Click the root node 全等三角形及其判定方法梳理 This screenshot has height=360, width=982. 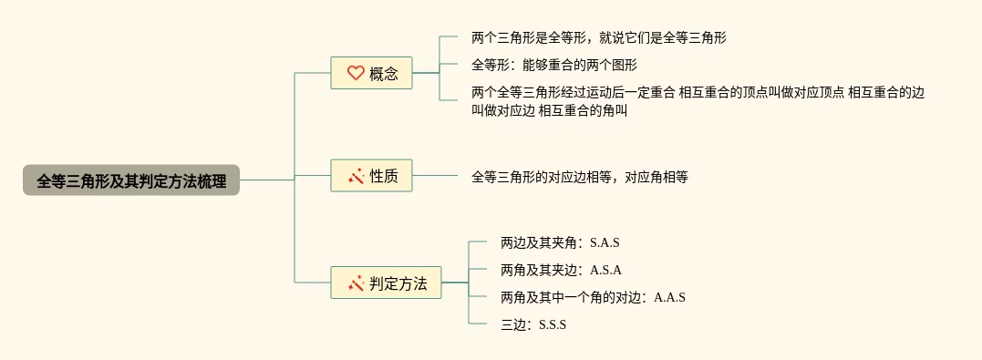coord(131,180)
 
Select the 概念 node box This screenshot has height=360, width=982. coord(371,73)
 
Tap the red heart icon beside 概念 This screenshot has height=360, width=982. coord(356,73)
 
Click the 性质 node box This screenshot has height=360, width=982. coord(371,175)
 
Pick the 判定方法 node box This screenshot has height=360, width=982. coord(386,283)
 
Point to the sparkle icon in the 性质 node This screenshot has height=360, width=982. coord(356,177)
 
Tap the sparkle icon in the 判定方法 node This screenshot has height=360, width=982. coord(356,283)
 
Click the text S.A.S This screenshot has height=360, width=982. coord(605,243)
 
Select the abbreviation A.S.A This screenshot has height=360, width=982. coord(605,271)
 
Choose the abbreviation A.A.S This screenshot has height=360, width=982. coord(669,298)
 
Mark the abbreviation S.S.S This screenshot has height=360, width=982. coord(553,325)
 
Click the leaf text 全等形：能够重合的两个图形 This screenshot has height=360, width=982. coord(554,65)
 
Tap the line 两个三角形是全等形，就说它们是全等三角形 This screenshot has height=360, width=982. coord(599,37)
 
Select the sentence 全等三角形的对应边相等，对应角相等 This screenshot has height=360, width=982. coord(580,177)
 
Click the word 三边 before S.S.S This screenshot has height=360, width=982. coord(512,325)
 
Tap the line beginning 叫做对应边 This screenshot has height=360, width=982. coord(550,111)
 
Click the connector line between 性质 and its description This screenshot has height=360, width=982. coord(435,175)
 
